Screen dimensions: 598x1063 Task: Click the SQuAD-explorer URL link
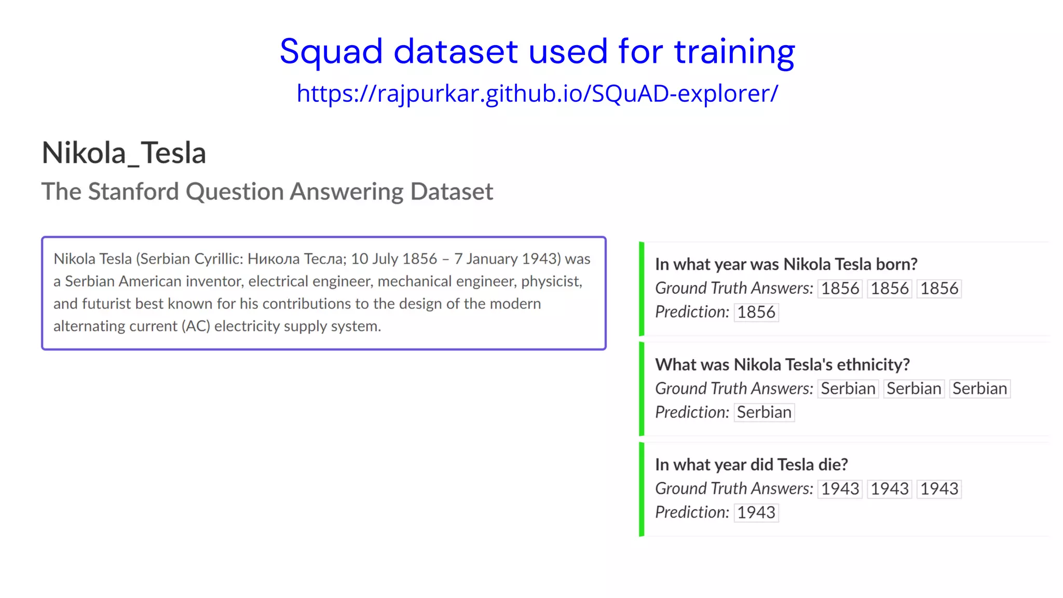[537, 93]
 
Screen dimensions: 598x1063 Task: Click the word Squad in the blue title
[331, 52]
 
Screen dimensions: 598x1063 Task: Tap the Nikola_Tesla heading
[124, 153]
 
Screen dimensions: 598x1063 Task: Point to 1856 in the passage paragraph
[419, 259]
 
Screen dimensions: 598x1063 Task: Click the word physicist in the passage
[551, 281]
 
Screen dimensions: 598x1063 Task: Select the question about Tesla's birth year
[786, 264]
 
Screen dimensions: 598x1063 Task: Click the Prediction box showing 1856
[756, 312]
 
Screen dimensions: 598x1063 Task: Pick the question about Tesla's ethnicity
[782, 364]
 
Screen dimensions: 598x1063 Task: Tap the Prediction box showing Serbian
[764, 413]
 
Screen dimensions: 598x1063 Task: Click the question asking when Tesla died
[751, 465]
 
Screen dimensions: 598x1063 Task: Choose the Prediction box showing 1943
[756, 513]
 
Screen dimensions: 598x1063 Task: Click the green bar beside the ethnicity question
[642, 389]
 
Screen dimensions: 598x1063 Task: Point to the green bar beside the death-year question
[642, 489]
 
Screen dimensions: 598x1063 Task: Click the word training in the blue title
[734, 52]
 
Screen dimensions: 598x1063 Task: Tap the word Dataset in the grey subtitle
[451, 192]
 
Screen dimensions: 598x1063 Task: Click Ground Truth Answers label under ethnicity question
[733, 389]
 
